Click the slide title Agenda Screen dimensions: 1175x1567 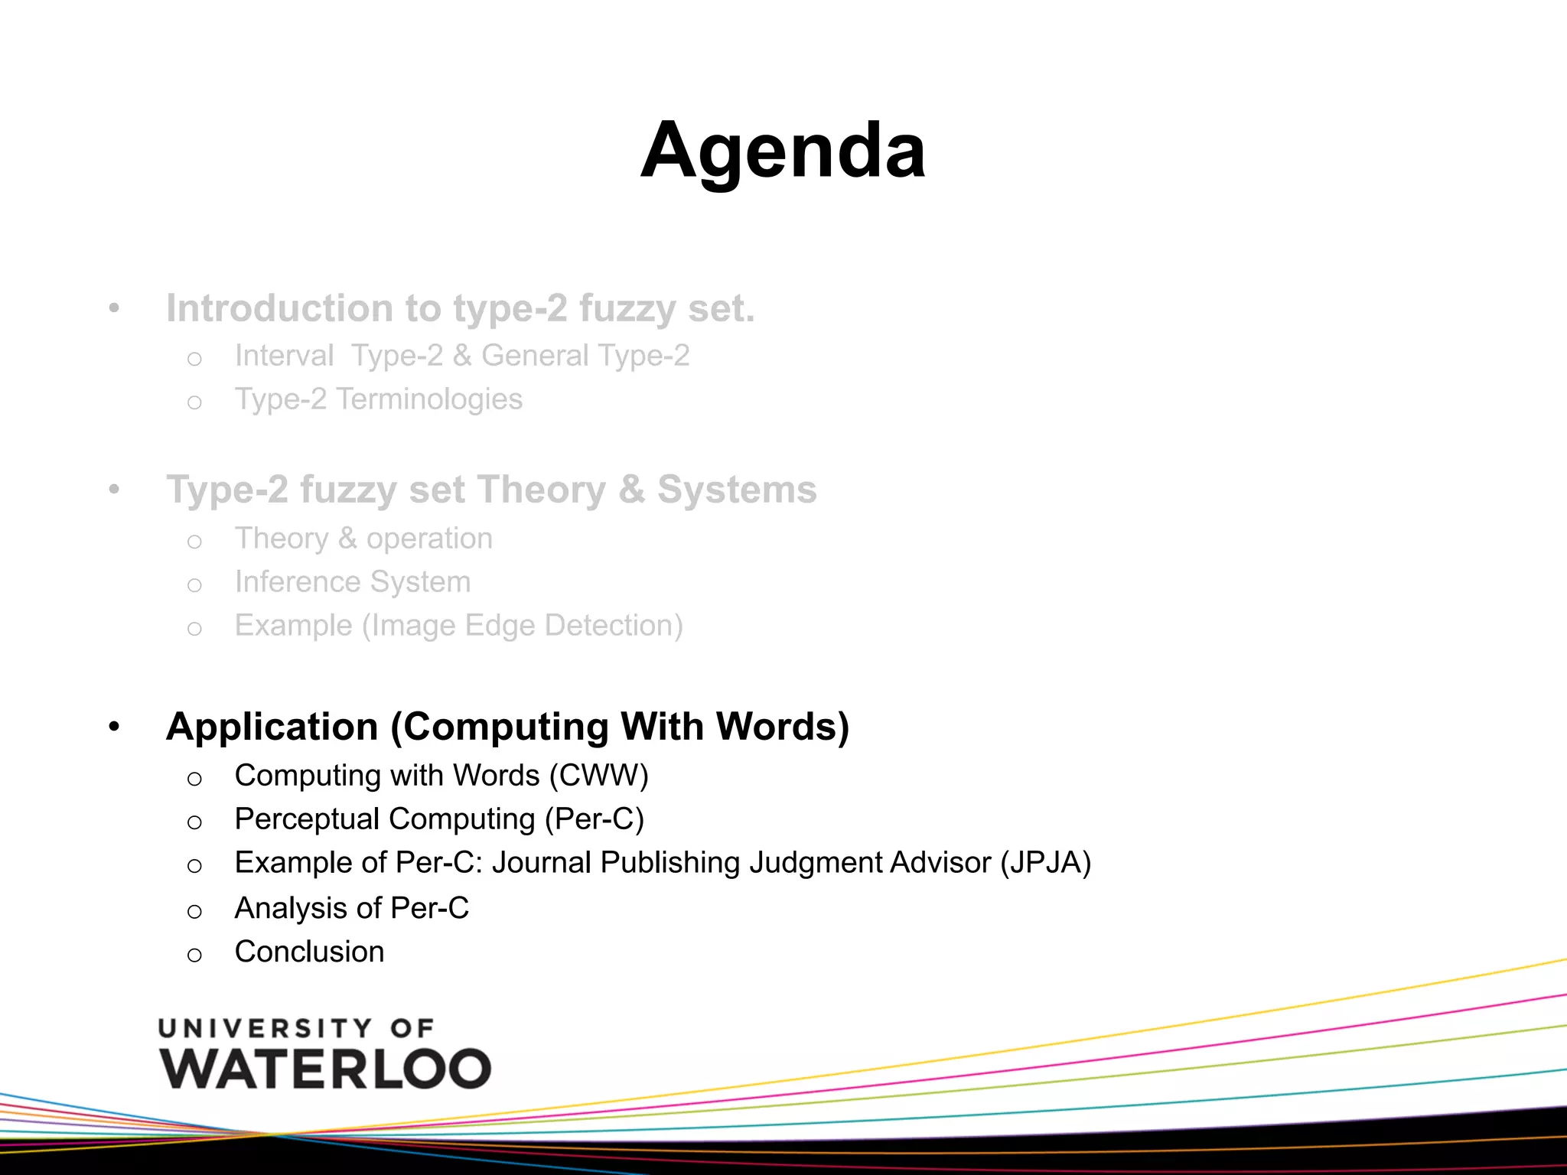(783, 151)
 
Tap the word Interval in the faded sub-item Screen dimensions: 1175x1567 (284, 356)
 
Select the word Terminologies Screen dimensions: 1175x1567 (429, 399)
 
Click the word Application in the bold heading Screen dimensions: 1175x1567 (272, 727)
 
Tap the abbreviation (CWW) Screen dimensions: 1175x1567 (599, 776)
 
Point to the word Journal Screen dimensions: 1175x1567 (541, 863)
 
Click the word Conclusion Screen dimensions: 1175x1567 (309, 952)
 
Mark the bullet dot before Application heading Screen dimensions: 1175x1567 (114, 726)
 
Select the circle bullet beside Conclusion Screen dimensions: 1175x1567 (194, 955)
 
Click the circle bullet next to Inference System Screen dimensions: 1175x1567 (194, 585)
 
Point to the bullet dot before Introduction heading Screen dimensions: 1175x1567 (114, 308)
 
